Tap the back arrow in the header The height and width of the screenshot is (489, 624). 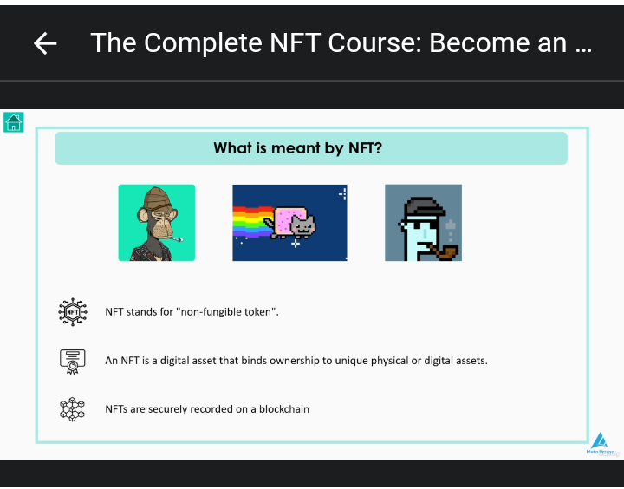45,43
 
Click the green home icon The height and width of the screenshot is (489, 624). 14,122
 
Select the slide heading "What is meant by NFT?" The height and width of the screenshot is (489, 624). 297,148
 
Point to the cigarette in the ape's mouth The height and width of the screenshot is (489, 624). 174,238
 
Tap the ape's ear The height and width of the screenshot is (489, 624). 143,215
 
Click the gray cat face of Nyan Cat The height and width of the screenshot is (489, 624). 302,225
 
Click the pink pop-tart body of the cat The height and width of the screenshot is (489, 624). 284,221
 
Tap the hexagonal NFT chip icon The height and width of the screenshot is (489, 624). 73,312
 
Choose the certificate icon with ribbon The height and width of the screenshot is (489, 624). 73,362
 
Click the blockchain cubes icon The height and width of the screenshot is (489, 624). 72,409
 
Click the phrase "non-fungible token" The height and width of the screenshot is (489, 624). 229,312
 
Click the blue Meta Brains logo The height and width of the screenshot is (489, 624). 600,443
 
